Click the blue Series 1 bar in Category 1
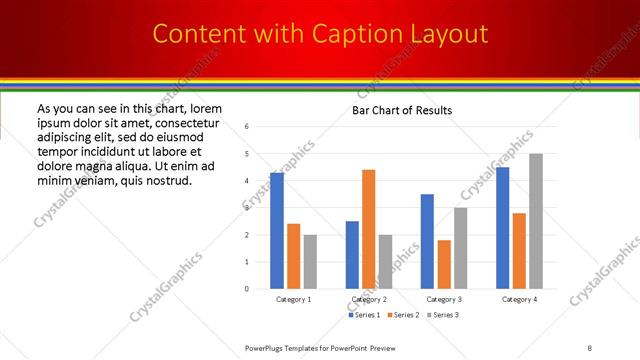click(277, 231)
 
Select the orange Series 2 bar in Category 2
click(368, 229)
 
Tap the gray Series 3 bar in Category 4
click(536, 221)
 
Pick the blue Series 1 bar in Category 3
click(427, 241)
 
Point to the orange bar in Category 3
click(443, 264)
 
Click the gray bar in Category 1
click(310, 262)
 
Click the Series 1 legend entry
click(365, 315)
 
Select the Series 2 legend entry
click(402, 315)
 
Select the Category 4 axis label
click(519, 299)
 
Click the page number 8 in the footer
click(589, 347)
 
